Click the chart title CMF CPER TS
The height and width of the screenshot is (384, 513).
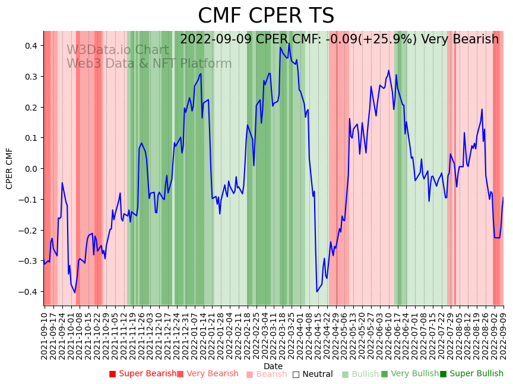tap(266, 16)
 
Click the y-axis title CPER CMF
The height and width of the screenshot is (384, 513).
tap(9, 168)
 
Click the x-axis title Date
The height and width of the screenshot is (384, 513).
tap(273, 366)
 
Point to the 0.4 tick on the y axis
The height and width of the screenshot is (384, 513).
tap(31, 46)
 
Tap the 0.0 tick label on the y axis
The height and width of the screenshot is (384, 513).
tap(31, 169)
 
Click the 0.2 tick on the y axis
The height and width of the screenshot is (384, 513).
tap(31, 108)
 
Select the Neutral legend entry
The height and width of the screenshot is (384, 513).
tap(317, 374)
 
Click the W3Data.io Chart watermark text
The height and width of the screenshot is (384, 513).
tap(118, 50)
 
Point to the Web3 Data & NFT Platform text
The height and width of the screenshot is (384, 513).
tap(149, 64)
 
